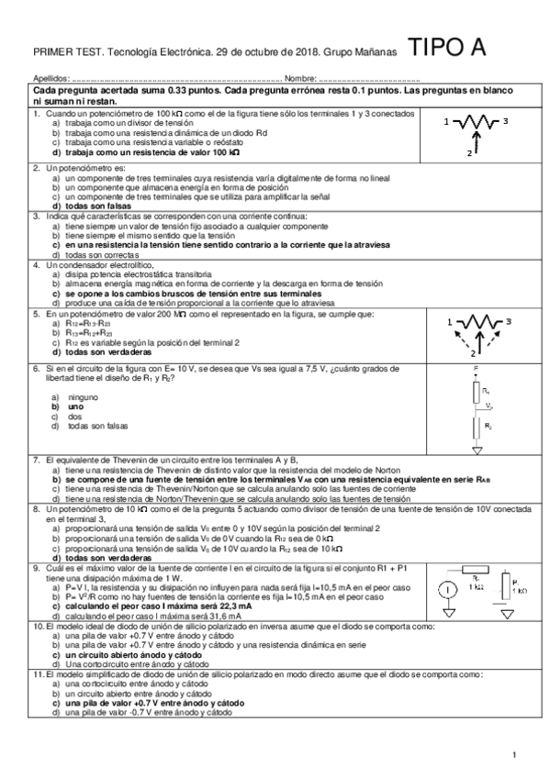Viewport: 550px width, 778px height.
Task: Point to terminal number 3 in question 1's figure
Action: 506,120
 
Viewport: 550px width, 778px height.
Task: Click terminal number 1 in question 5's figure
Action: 447,322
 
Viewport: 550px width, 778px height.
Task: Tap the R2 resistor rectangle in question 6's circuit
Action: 477,426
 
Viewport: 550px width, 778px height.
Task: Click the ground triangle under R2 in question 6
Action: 477,450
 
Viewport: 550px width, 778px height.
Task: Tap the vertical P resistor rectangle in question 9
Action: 504,589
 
